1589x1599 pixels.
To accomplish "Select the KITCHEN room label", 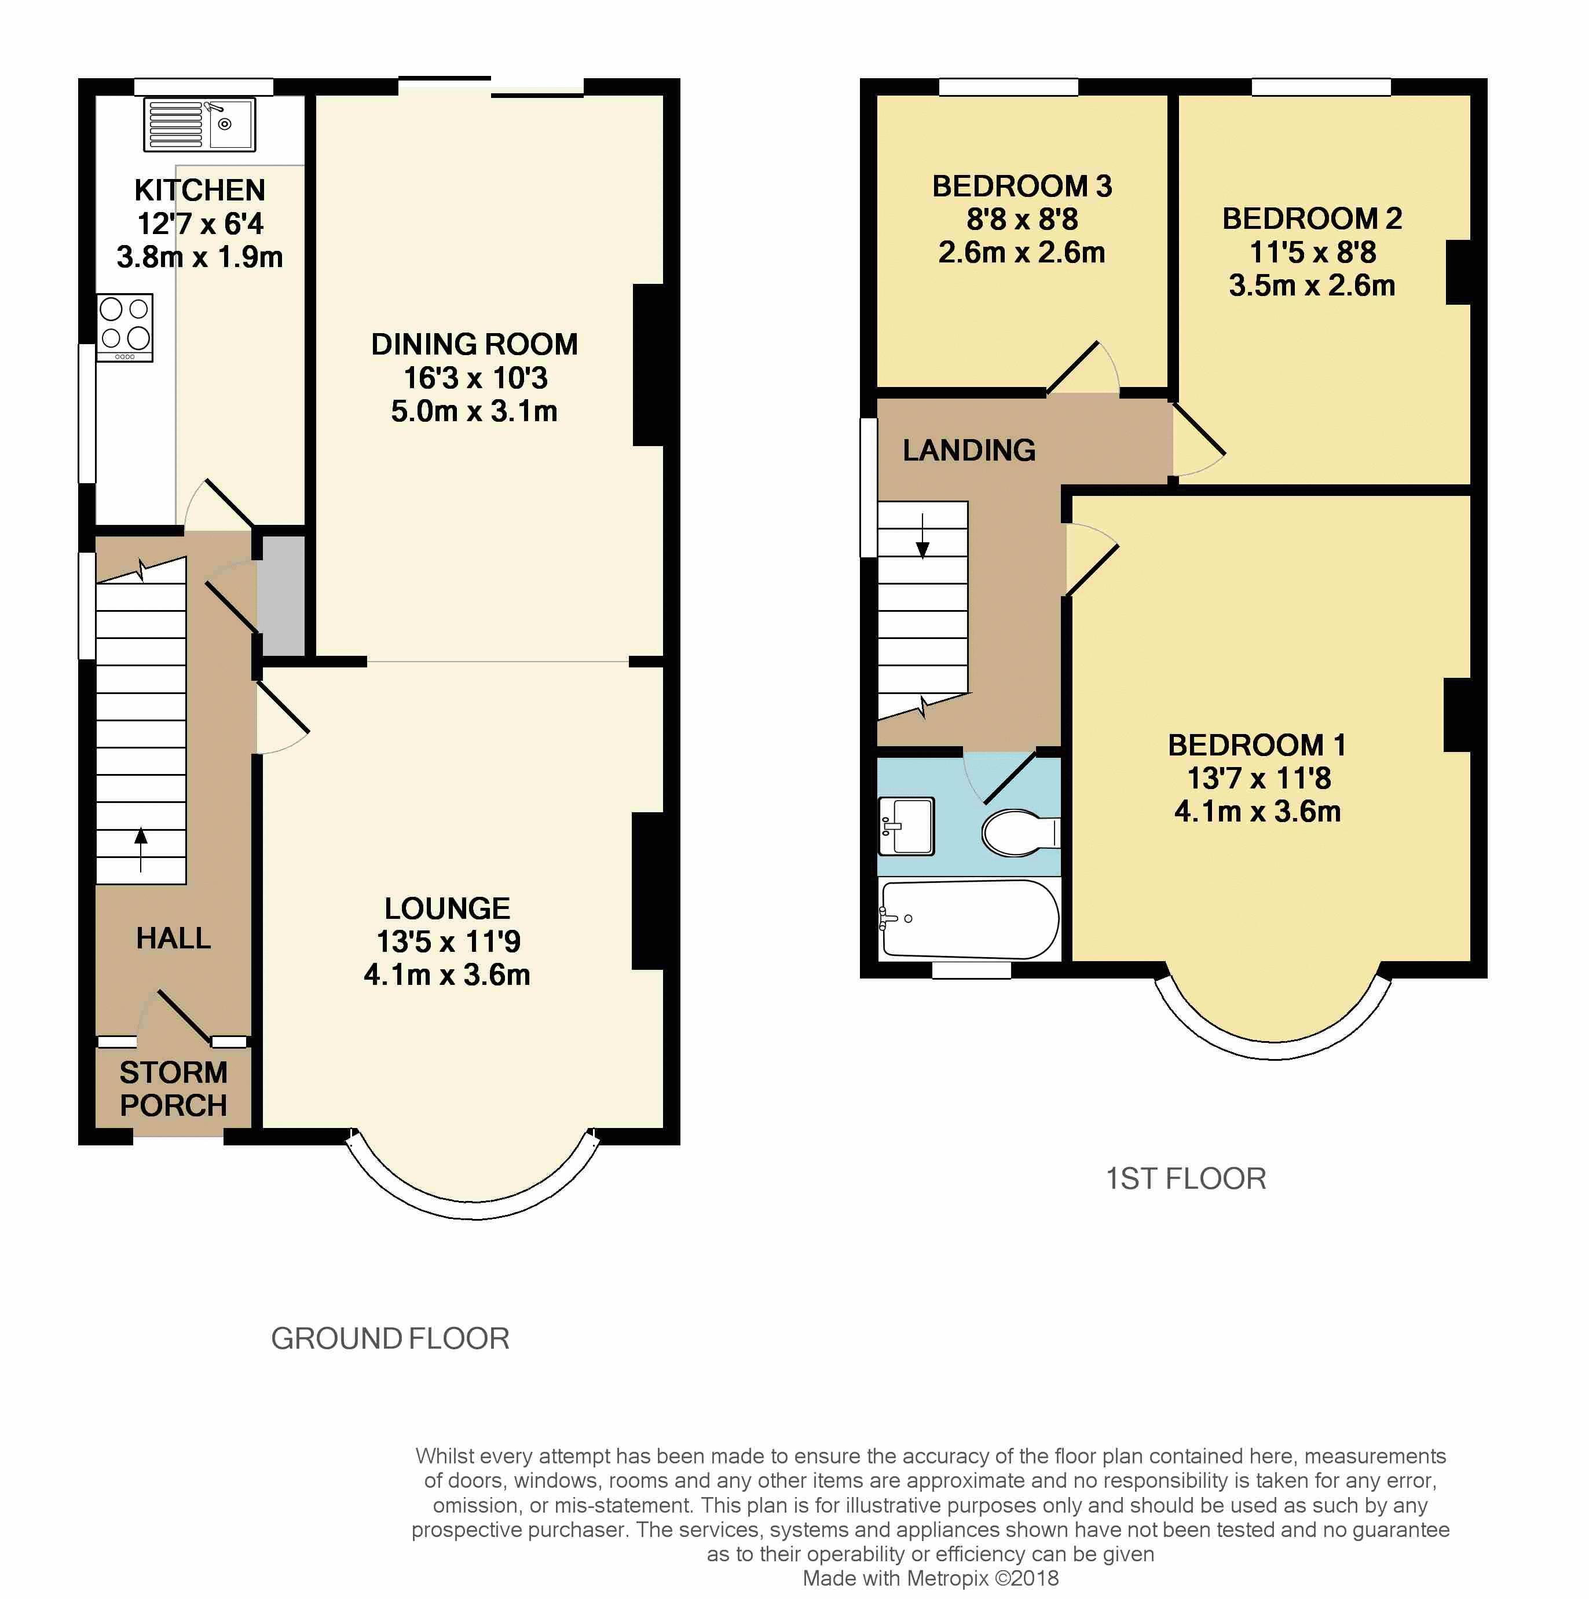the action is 200,191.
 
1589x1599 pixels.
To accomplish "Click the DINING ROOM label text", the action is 474,344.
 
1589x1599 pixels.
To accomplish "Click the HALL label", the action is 174,939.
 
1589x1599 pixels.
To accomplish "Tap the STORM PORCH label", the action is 174,1089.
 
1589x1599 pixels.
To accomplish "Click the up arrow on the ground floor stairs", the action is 141,849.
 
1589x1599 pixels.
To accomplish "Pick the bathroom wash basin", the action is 907,826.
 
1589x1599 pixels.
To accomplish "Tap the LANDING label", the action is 969,450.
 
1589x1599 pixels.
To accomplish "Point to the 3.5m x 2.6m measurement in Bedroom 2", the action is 1312,286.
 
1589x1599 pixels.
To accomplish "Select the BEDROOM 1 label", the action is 1257,746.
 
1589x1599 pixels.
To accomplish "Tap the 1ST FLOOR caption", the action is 1186,1178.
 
